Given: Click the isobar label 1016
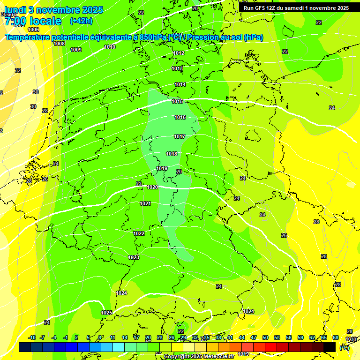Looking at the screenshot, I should coord(180,117).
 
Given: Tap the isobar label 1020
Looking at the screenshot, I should coord(152,187).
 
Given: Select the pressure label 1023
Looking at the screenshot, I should coord(134,257).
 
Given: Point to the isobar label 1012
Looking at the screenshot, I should coord(179,53).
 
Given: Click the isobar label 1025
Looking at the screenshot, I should coord(106,313).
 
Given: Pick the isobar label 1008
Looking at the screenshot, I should coord(59,44).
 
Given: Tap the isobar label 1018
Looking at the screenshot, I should coord(172,154).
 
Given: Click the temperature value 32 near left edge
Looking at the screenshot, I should coord(18,70).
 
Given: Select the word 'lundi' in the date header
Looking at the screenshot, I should coord(18,10).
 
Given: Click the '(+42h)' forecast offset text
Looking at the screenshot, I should coord(81,21).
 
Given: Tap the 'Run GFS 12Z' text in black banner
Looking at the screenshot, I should coord(261,8).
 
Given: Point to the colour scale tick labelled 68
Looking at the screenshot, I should coord(336,337).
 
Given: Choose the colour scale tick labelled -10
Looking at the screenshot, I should coord(32,337).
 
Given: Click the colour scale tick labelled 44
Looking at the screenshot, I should coord(242,337).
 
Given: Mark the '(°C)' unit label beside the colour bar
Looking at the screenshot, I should coord(345,348).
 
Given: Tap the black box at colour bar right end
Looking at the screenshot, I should coord(330,347).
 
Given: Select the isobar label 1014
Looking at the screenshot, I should coord(180,84).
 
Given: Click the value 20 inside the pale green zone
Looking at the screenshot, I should coord(179,172).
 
